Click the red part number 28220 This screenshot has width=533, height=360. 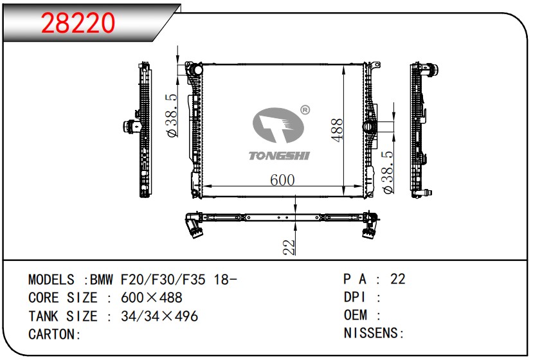[78, 22]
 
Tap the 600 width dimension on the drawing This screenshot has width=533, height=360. [282, 180]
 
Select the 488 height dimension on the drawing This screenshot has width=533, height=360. [337, 130]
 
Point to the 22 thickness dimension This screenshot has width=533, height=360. [289, 248]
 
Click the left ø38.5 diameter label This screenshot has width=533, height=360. [172, 116]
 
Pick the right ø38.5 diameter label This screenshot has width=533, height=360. [388, 172]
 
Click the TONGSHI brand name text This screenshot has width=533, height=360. [279, 156]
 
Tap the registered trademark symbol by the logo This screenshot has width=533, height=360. [305, 110]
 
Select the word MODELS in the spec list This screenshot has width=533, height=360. [51, 280]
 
